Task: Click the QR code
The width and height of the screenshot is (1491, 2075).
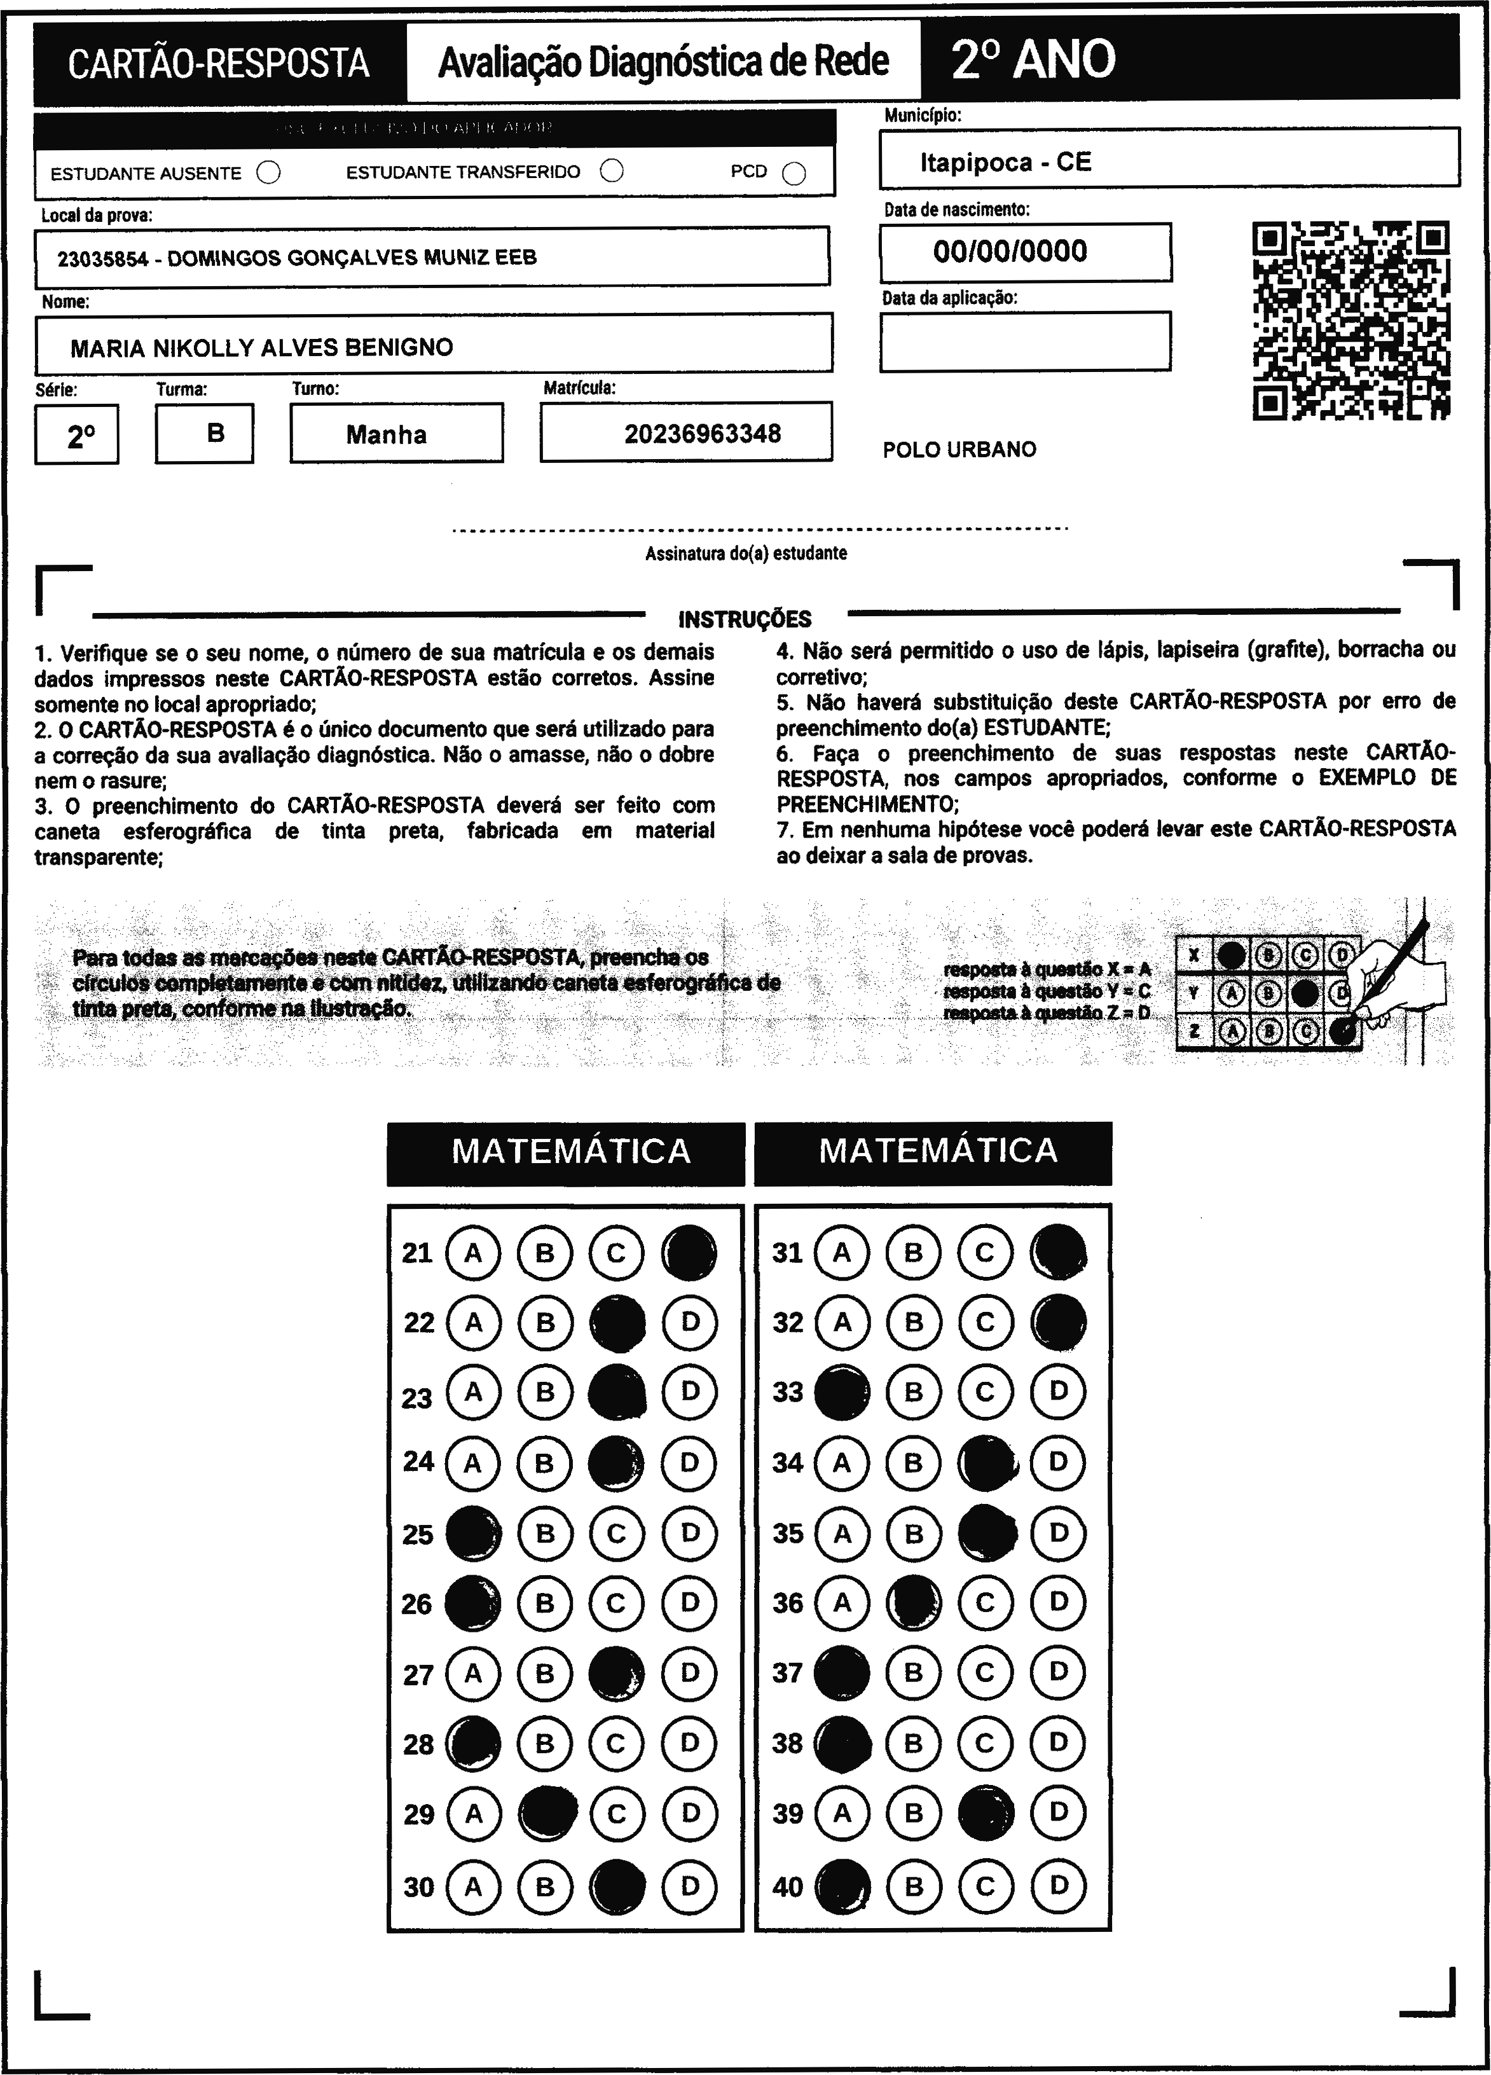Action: (1351, 321)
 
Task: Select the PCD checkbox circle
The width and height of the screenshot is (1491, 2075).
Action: (794, 173)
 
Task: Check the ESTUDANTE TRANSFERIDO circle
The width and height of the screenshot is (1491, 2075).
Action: (612, 171)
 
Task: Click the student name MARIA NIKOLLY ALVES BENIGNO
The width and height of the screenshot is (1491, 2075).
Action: (261, 348)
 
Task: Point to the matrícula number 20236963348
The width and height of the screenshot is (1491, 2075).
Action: (703, 434)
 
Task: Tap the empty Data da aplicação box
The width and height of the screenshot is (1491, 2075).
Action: (1024, 341)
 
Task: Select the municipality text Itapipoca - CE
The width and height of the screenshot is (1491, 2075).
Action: (1005, 163)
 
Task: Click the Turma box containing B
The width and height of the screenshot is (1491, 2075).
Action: (205, 433)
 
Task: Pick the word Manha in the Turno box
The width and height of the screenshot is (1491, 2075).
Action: (386, 434)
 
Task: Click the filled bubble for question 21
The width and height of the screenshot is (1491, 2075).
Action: (689, 1251)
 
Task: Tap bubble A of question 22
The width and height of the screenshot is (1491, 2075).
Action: (473, 1322)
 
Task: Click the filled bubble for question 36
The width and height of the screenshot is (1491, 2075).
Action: (914, 1602)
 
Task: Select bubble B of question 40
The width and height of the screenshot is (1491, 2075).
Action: (914, 1885)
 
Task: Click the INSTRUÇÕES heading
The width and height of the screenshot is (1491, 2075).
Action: (745, 619)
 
